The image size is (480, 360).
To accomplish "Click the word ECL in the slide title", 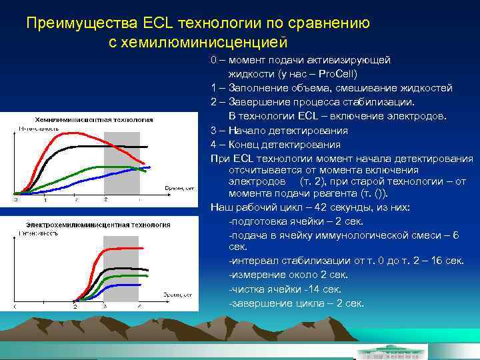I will pos(158,23).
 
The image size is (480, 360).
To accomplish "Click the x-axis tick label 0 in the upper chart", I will pos(17,199).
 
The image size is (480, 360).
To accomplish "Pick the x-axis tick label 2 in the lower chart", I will pos(75,307).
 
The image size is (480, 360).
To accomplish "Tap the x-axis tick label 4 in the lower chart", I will pos(139,307).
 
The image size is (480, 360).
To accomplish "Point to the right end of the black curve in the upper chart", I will pos(147,147).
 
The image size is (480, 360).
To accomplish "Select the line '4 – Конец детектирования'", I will pos(275,144).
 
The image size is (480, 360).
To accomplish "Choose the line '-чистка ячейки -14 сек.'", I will pos(285,289).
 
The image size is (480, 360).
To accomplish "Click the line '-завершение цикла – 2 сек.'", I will pos(296,303).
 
